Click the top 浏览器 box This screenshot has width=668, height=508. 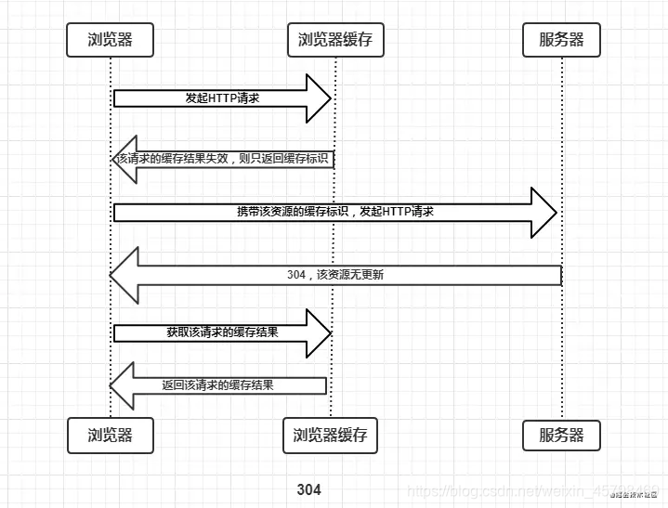pyautogui.click(x=110, y=39)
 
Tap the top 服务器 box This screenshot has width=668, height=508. pyautogui.click(x=561, y=39)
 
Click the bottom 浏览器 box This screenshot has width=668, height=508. pyautogui.click(x=110, y=435)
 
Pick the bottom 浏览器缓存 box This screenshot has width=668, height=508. pyautogui.click(x=330, y=435)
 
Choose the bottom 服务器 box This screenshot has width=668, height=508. pyautogui.click(x=561, y=435)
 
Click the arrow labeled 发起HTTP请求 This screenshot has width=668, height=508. pyautogui.click(x=221, y=98)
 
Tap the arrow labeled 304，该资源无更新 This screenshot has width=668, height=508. pyautogui.click(x=334, y=275)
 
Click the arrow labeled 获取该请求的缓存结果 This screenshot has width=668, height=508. pyautogui.click(x=221, y=332)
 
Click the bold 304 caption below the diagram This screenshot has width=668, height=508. pyautogui.click(x=308, y=489)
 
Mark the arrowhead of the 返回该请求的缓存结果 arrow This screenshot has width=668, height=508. pyautogui.click(x=123, y=385)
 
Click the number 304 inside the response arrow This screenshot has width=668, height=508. pyautogui.click(x=297, y=275)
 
